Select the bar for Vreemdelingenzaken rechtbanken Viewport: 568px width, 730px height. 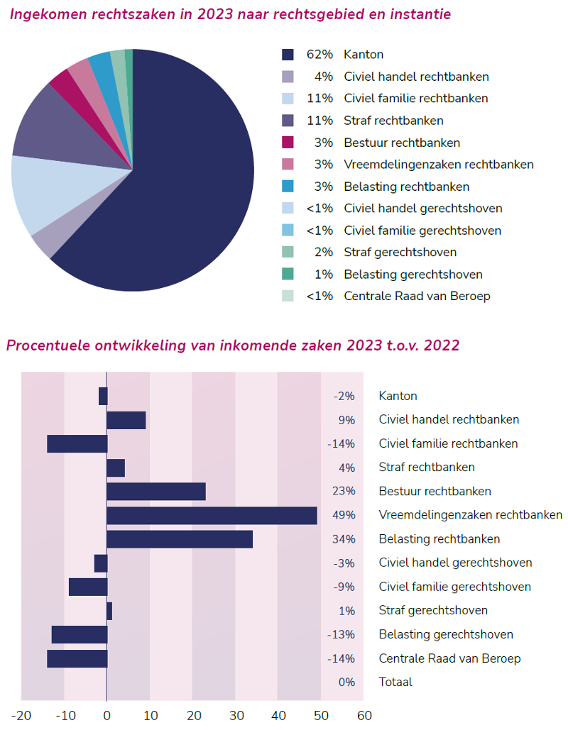212,515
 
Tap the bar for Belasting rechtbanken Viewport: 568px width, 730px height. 180,539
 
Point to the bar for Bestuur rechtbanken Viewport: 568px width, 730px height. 156,491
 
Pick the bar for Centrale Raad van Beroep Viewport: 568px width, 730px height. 77,658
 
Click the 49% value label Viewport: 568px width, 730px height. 344,515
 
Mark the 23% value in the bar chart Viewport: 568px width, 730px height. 344,491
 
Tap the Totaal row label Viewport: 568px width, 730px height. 395,682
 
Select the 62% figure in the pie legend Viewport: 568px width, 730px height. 319,55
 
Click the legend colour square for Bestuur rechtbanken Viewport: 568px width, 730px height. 288,143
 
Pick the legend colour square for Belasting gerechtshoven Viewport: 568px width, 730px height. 288,275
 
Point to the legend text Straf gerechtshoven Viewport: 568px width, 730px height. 400,253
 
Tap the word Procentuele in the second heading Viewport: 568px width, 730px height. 45,345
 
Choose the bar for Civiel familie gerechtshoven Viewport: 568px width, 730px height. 88,587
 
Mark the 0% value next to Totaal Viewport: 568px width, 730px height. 346,682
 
